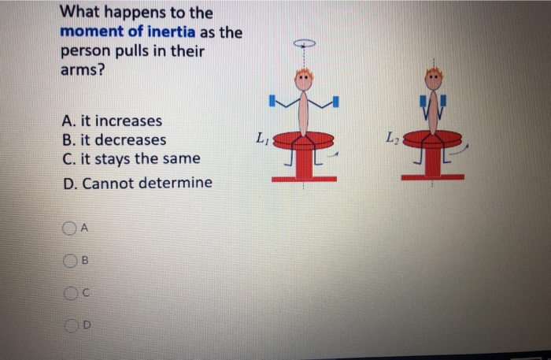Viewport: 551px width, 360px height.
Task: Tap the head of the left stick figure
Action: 304,79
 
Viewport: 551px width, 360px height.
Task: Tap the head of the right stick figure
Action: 434,78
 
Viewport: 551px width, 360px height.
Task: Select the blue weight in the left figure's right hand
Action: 336,101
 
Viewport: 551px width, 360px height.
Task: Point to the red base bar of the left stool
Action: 304,180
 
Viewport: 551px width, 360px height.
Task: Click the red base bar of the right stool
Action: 432,177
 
